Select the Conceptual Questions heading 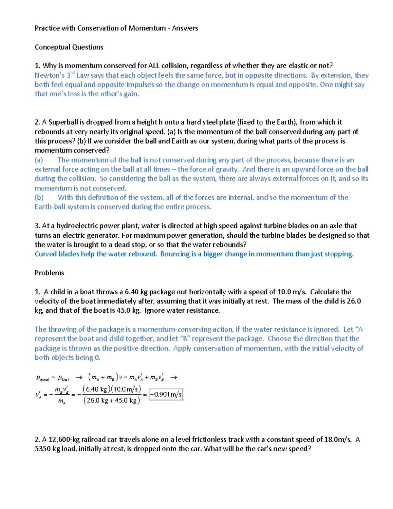(69, 47)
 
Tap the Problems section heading (49, 273)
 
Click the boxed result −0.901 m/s (166, 395)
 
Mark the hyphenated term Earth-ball (50, 207)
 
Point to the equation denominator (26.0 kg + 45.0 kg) (112, 401)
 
